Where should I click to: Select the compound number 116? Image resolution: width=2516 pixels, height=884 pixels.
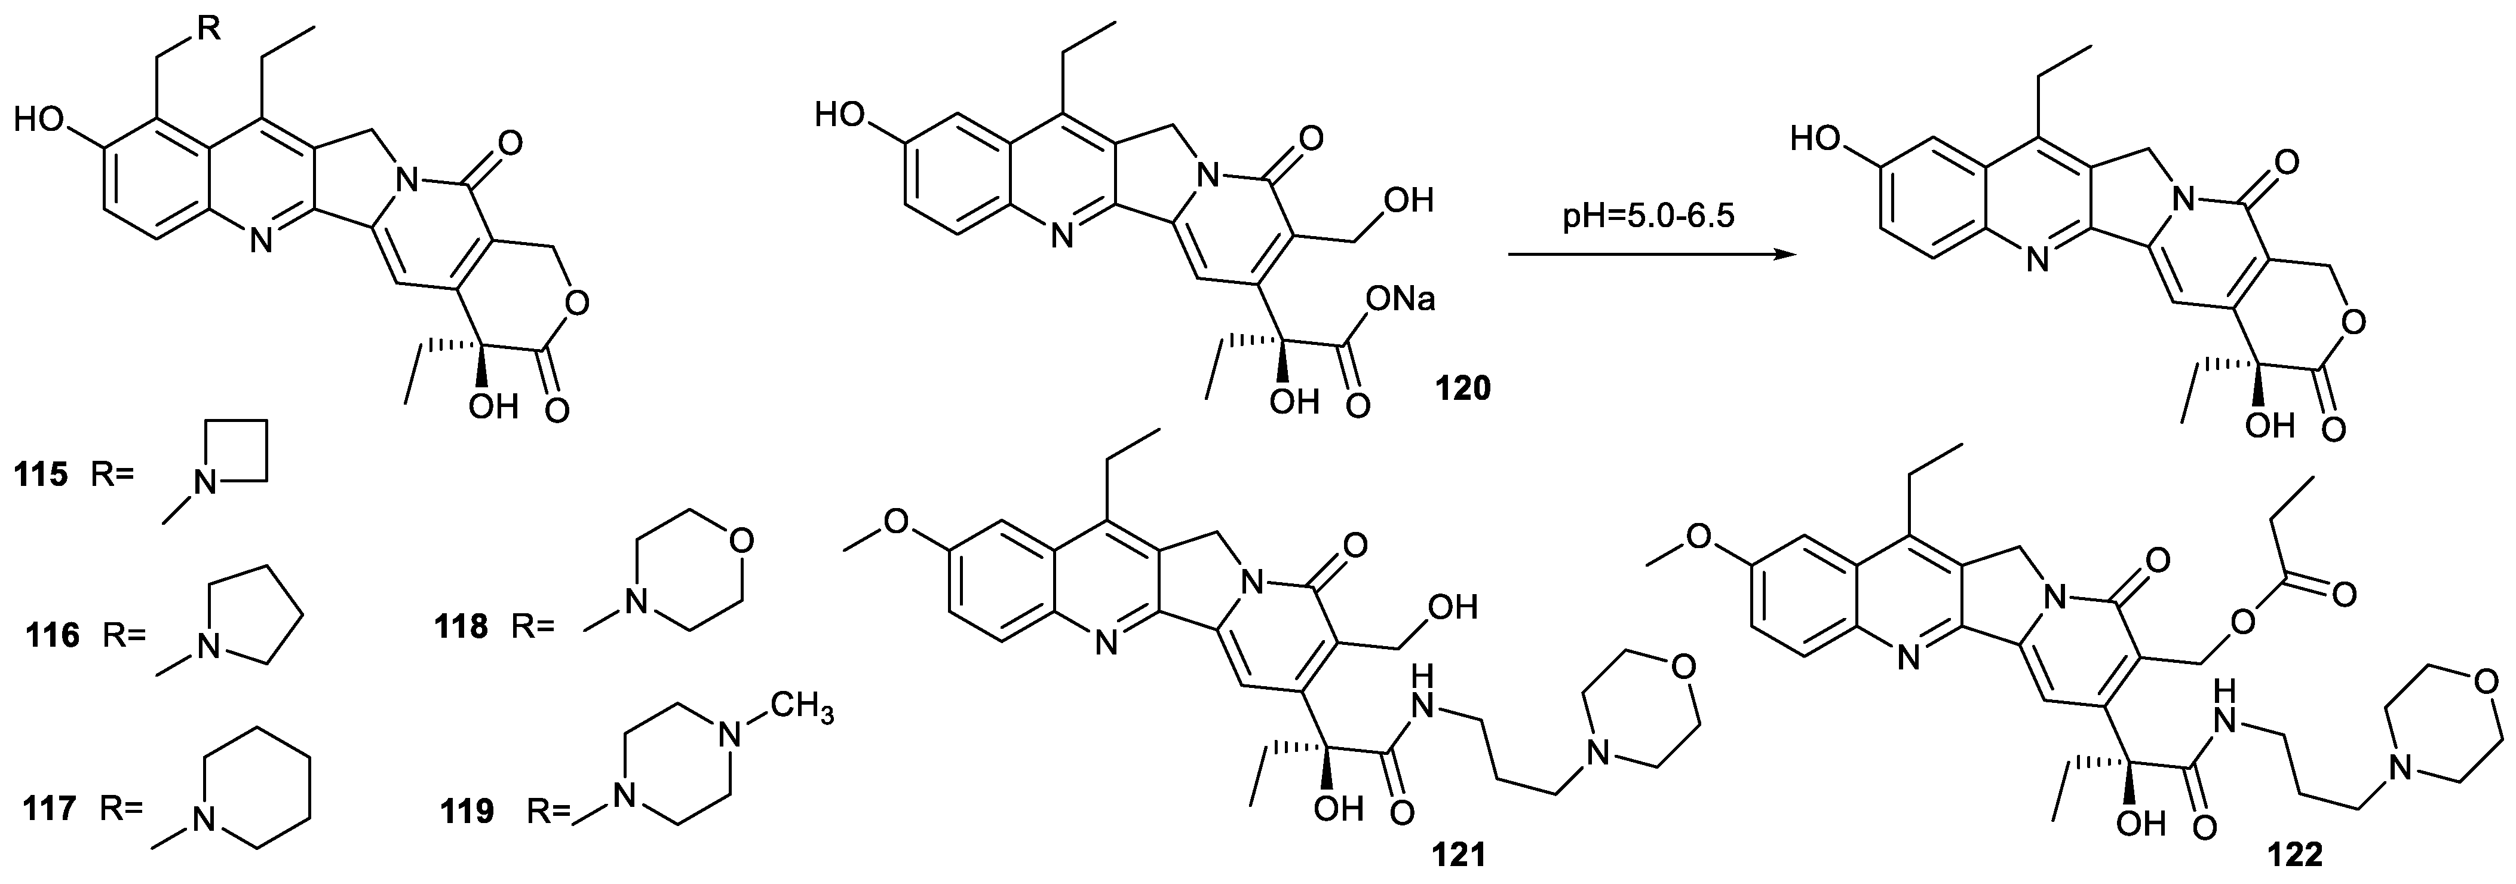tap(54, 636)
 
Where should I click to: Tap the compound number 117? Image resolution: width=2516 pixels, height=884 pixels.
tap(50, 810)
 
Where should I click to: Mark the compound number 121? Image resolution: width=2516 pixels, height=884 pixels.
tap(1458, 857)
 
